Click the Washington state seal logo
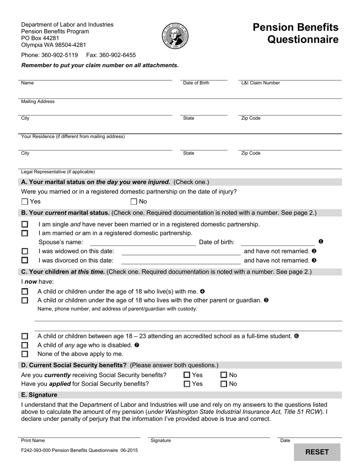point(175,36)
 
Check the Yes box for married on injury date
point(25,202)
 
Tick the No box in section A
point(134,202)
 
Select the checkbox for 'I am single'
point(25,224)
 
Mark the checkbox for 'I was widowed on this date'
point(25,251)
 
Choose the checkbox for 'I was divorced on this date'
point(25,260)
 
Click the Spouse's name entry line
point(142,242)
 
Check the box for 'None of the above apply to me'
point(25,354)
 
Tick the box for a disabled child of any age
point(25,345)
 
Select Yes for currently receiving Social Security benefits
point(186,375)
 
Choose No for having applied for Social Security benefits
point(224,384)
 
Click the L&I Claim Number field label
point(260,83)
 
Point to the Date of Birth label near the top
point(196,83)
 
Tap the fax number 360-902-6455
point(111,55)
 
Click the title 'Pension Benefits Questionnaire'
point(296,33)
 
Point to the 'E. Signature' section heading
point(39,395)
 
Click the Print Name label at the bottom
point(33,441)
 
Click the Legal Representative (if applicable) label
point(58,172)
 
